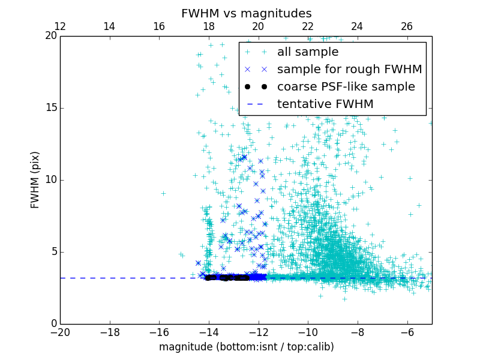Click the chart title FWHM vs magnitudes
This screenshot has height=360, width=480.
tap(246, 13)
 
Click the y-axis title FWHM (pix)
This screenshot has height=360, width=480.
tap(35, 180)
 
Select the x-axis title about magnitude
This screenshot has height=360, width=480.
tap(246, 347)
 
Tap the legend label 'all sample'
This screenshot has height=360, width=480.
tap(308, 52)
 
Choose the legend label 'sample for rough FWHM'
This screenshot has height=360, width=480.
tap(349, 70)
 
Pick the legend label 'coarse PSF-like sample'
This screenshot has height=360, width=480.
tap(346, 87)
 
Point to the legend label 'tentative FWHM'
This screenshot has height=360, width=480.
tap(325, 104)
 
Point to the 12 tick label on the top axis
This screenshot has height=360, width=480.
tap(60, 26)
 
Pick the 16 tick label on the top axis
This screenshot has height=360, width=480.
tap(159, 26)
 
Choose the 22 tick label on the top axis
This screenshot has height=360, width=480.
tap(308, 26)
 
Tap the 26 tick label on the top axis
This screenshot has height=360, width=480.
tap(407, 26)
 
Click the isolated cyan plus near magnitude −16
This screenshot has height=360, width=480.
tap(163, 193)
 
